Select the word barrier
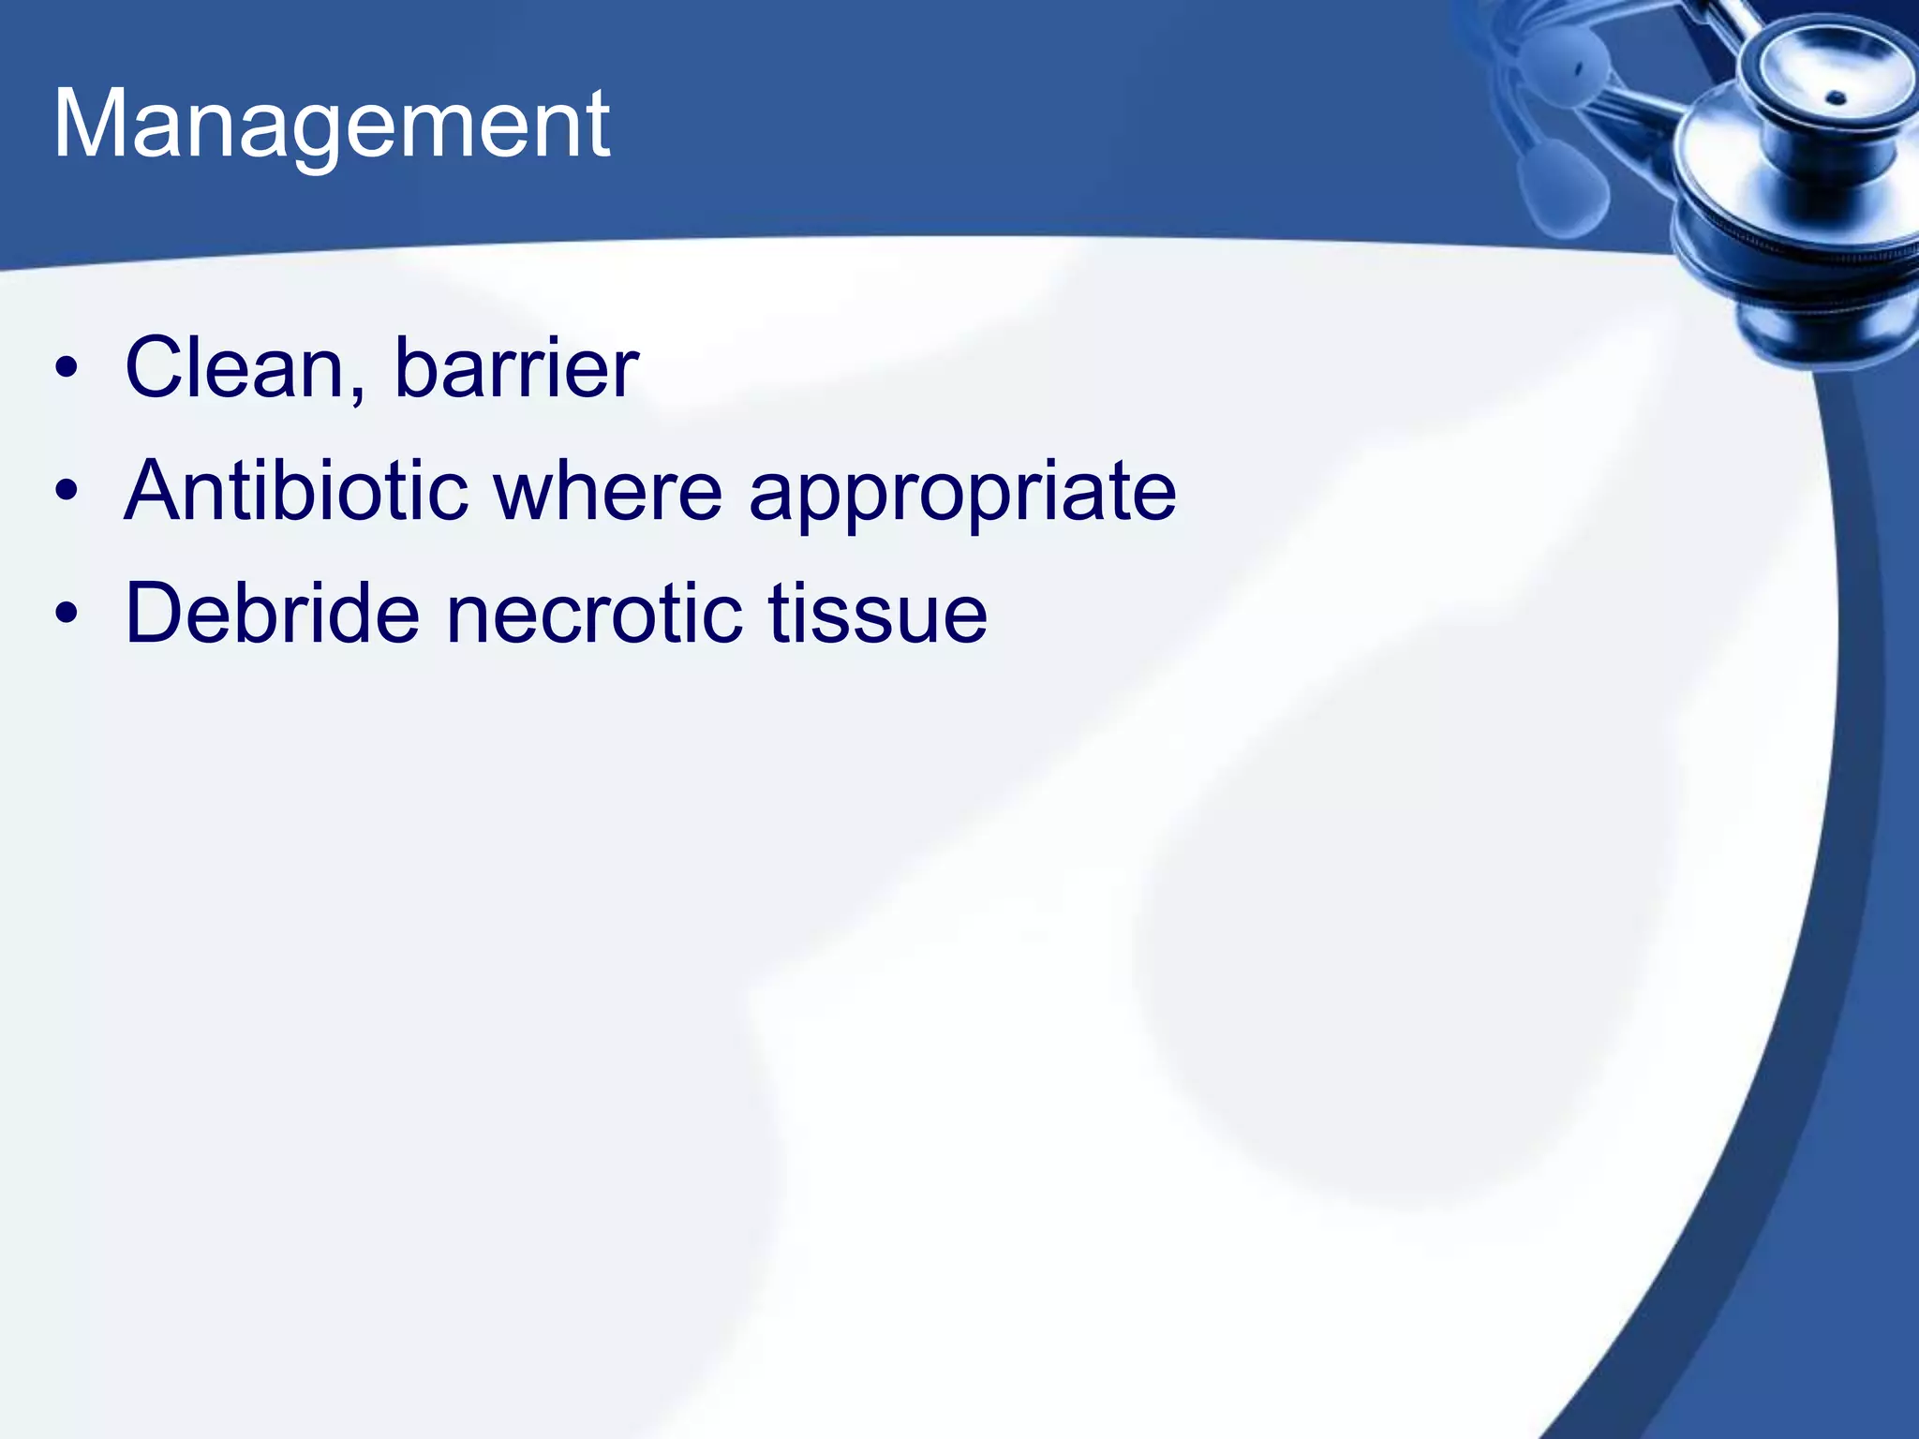tap(515, 367)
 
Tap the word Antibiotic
tap(296, 491)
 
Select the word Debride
tap(272, 614)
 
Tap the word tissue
tap(877, 614)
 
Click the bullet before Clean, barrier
tap(66, 367)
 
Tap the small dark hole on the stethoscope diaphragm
tap(1837, 97)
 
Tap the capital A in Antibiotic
tap(156, 491)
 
